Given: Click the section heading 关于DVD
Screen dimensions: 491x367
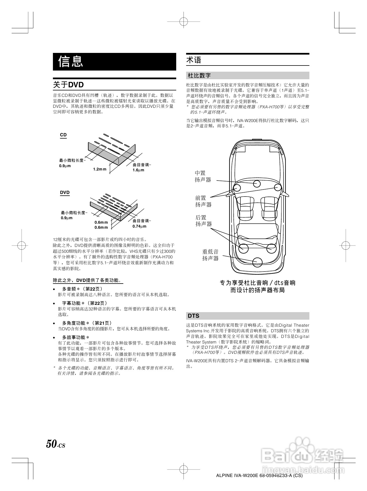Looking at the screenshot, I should pyautogui.click(x=68, y=85).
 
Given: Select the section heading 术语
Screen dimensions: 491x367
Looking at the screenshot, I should pyautogui.click(x=194, y=60).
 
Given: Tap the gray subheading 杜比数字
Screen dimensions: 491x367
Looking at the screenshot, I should pyautogui.click(x=199, y=76).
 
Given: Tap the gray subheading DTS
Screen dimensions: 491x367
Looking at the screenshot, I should pyautogui.click(x=193, y=316).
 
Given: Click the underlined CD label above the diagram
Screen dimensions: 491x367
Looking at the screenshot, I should pyautogui.click(x=63, y=135).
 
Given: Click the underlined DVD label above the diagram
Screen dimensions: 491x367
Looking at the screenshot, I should pyautogui.click(x=65, y=193).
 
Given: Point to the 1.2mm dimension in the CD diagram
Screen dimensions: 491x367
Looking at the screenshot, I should pyautogui.click(x=100, y=169).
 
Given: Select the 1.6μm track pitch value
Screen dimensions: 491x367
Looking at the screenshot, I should pyautogui.click(x=138, y=170).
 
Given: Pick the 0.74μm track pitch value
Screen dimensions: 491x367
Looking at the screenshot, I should pyautogui.click(x=140, y=226).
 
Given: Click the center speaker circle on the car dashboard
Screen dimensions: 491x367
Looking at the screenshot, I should pyautogui.click(x=257, y=184).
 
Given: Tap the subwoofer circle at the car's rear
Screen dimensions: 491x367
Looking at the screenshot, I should pyautogui.click(x=257, y=262).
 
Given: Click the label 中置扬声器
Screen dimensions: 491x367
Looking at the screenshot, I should pyautogui.click(x=203, y=177).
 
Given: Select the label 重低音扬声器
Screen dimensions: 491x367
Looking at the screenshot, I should pyautogui.click(x=210, y=255).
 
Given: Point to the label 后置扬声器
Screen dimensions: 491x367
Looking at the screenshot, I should pyautogui.click(x=203, y=221).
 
